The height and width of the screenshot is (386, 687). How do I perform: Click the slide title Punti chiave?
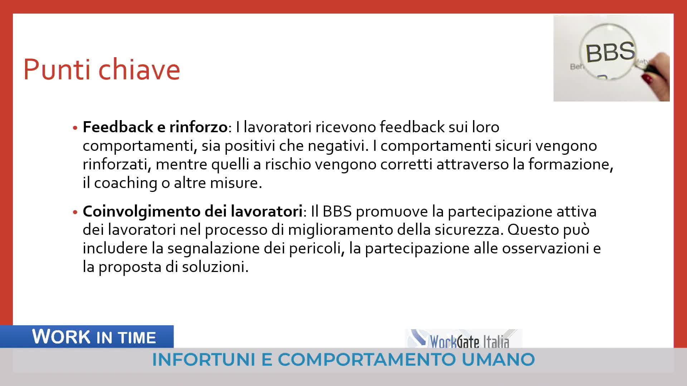click(102, 70)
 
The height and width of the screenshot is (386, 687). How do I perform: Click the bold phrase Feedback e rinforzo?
click(155, 127)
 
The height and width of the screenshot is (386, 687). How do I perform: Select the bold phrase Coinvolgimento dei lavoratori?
click(193, 211)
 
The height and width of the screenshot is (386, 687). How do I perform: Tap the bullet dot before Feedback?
click(75, 128)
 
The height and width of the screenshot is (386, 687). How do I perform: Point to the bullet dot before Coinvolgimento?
click(75, 212)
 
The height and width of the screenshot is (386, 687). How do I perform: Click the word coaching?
click(126, 183)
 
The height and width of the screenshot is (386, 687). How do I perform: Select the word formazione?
click(571, 164)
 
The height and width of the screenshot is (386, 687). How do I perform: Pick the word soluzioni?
click(215, 267)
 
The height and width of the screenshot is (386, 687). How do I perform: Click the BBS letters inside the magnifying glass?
click(610, 52)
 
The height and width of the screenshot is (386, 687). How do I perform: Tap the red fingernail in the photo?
click(647, 78)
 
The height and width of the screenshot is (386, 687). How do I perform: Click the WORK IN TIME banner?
click(87, 337)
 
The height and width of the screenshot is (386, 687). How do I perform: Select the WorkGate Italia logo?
click(463, 339)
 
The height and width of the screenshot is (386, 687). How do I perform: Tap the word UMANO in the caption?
click(498, 360)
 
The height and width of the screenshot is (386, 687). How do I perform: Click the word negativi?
click(338, 146)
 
